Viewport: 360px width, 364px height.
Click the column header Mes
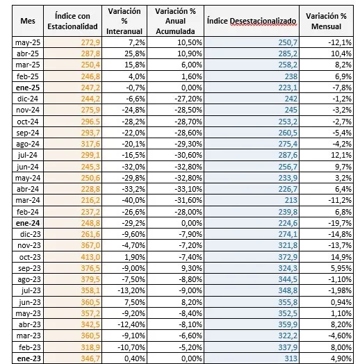pos(28,21)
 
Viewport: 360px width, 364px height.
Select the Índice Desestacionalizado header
pos(252,21)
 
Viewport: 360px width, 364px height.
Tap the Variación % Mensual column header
pos(326,21)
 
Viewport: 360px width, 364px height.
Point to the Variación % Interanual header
pos(124,21)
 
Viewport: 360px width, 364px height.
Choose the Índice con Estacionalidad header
pos(72,21)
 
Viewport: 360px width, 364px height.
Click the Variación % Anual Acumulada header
pos(175,21)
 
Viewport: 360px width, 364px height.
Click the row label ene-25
pos(28,88)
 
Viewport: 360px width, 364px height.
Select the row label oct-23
pos(30,257)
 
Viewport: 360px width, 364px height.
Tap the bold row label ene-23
pos(28,358)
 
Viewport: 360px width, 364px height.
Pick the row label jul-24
pos(28,155)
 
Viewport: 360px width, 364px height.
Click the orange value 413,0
pos(90,257)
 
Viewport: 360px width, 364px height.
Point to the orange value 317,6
pos(90,144)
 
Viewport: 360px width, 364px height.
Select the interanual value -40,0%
pos(133,200)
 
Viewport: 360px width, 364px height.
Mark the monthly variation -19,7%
pos(340,223)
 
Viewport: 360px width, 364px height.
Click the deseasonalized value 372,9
pos(288,257)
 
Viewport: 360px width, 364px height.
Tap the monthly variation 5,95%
pos(341,268)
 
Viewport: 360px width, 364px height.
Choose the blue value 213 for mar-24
pos(291,200)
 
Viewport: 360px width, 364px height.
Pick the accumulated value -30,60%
pos(188,155)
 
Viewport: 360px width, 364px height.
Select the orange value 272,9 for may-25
pos(90,42)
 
